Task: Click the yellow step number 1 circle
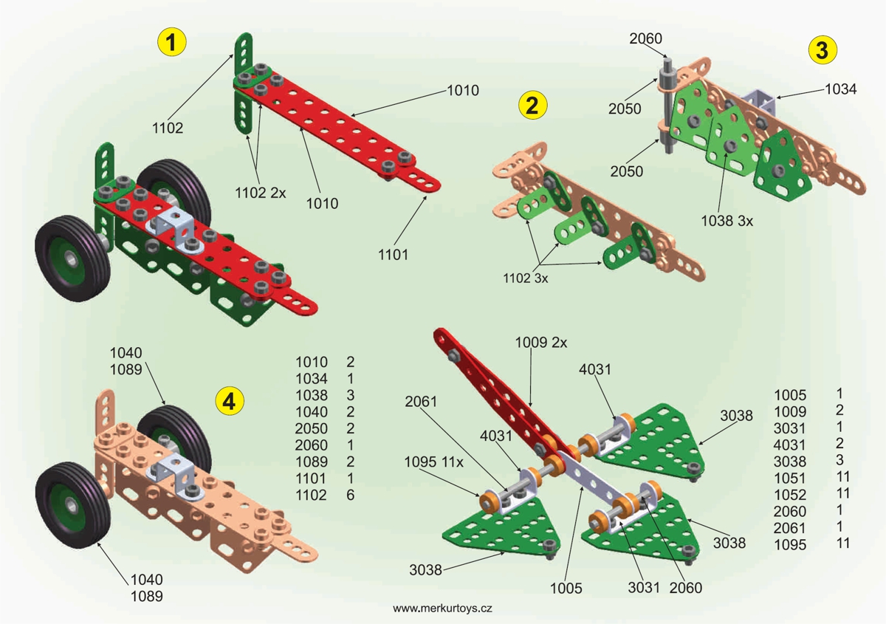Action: [171, 43]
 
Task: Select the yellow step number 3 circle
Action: [822, 49]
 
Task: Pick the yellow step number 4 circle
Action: [229, 401]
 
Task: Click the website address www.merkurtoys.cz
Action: [442, 608]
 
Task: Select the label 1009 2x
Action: [541, 343]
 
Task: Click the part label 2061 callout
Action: [421, 402]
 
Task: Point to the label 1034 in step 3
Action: [840, 89]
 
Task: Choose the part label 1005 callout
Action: [566, 589]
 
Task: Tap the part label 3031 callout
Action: [644, 589]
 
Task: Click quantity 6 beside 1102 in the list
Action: [350, 496]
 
